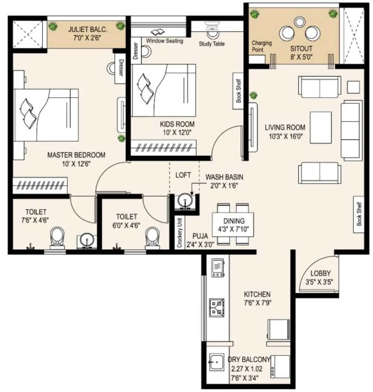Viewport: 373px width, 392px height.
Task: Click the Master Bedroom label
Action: [x=76, y=155]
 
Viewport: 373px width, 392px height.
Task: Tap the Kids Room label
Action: [x=177, y=124]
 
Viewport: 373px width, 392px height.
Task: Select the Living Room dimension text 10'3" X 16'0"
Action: [x=286, y=136]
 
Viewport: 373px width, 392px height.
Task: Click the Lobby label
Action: [x=320, y=273]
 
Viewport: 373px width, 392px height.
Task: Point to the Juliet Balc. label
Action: [x=88, y=30]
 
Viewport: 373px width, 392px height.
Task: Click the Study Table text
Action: [x=212, y=44]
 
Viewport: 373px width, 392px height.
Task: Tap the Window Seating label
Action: [x=165, y=40]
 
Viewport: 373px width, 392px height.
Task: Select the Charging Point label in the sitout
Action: [x=261, y=46]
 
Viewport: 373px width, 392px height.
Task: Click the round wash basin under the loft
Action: [x=185, y=201]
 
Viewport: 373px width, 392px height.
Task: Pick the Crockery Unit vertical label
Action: [x=179, y=233]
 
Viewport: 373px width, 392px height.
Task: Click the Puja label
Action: [x=200, y=236]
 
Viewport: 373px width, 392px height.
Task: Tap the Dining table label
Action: [x=234, y=221]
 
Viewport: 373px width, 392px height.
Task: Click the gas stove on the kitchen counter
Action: [x=217, y=307]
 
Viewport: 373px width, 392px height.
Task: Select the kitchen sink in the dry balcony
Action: [x=217, y=362]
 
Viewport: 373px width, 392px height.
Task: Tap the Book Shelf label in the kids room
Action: [x=238, y=91]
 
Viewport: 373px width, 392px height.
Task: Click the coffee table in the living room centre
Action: [x=321, y=128]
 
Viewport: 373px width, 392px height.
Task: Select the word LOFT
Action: [x=183, y=175]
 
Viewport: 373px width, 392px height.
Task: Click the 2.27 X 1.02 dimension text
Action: [x=247, y=369]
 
